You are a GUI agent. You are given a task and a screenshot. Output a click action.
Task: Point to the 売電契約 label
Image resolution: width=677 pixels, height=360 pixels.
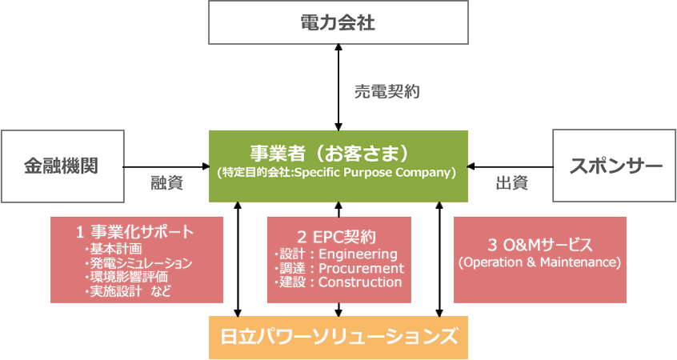387,92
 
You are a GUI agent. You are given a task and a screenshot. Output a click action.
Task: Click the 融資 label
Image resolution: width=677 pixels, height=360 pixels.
167,183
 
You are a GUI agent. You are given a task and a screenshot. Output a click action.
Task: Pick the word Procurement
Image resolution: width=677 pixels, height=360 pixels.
361,268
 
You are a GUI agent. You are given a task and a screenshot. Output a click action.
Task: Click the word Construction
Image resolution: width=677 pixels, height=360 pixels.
360,282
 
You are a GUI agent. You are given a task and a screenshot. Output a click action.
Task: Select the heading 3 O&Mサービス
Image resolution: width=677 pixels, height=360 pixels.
539,244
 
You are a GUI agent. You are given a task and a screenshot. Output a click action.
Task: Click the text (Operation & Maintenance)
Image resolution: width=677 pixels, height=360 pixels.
539,262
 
